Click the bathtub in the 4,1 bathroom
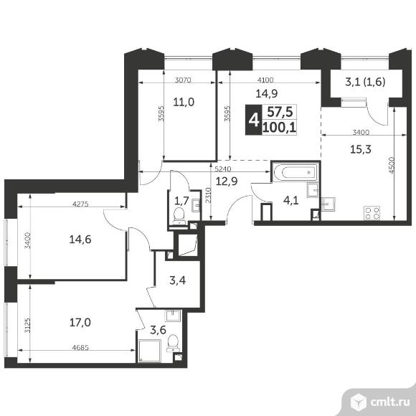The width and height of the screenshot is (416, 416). [x=296, y=172]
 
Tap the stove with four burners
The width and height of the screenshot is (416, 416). [x=372, y=213]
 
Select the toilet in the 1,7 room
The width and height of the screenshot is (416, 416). [x=179, y=215]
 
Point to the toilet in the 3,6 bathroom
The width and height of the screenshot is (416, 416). [x=173, y=343]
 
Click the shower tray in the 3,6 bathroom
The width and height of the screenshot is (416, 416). [x=150, y=351]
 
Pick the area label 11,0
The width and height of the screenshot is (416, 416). [x=184, y=102]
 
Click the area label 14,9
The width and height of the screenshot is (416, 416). [x=266, y=93]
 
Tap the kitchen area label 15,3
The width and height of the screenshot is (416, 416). [x=361, y=150]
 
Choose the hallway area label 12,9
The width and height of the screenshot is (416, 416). [x=227, y=181]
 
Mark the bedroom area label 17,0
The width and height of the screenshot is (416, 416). [x=80, y=323]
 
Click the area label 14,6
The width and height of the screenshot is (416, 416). [x=80, y=240]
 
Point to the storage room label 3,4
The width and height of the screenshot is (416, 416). [x=177, y=280]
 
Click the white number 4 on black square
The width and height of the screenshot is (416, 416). [x=254, y=120]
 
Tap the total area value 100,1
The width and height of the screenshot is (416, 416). [x=279, y=128]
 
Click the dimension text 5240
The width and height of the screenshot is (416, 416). [x=223, y=169]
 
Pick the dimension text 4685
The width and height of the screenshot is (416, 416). [x=80, y=347]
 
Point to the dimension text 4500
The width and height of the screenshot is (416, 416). [x=392, y=165]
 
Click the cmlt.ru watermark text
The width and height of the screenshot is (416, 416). [x=389, y=402]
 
